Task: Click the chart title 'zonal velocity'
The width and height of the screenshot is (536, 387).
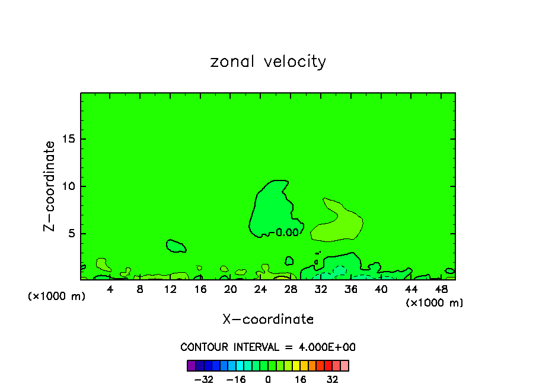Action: click(268, 62)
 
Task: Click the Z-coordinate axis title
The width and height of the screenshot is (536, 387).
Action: click(50, 186)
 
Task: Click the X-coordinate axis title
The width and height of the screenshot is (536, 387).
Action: click(268, 320)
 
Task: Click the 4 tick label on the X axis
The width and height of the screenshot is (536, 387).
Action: click(110, 289)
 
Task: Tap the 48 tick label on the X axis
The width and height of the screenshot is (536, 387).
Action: click(441, 289)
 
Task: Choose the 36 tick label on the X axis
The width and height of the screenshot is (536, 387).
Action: click(351, 289)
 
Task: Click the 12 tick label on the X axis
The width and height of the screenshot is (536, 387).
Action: click(170, 289)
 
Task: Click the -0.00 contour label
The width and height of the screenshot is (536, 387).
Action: click(285, 233)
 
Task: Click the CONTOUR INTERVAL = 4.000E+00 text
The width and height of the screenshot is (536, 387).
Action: click(268, 347)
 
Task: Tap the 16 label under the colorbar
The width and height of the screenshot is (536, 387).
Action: click(301, 379)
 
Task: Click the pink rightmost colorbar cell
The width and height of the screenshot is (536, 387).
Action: click(344, 365)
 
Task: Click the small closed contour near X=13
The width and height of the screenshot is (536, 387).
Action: click(176, 246)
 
